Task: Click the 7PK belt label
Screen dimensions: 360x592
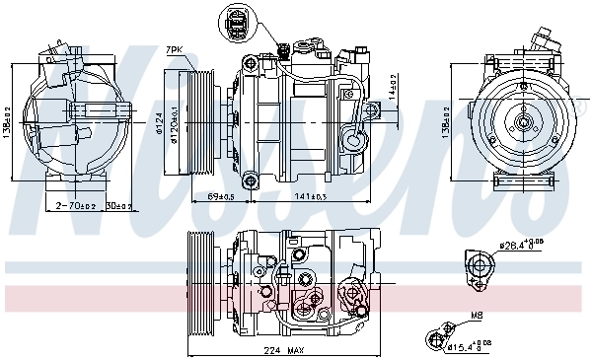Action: coord(175,49)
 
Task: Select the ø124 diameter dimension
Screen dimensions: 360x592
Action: coord(159,125)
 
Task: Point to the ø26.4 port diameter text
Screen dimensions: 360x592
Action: coord(520,246)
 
